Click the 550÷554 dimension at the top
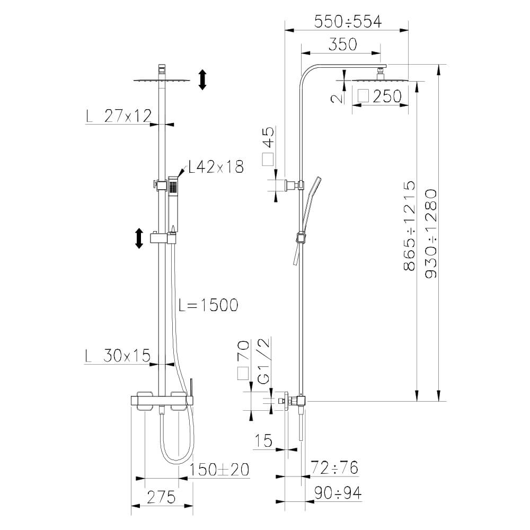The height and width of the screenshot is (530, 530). [348, 22]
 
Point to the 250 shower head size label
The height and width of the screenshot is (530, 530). [387, 96]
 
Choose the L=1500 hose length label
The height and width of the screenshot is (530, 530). [208, 305]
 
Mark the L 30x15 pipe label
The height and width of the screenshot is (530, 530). [118, 355]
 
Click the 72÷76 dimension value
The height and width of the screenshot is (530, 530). [334, 468]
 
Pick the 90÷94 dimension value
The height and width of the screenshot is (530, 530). [337, 493]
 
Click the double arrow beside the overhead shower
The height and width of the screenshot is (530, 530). [202, 79]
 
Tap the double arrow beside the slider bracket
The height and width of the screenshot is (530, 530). [139, 238]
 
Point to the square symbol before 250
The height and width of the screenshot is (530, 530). [364, 96]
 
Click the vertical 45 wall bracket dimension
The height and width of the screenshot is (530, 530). [268, 139]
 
